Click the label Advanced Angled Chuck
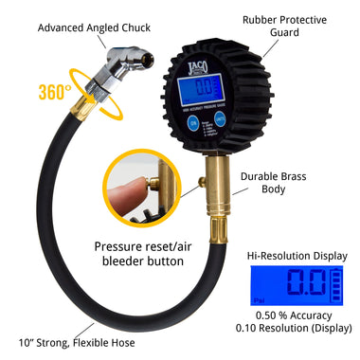(x=86, y=27)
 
